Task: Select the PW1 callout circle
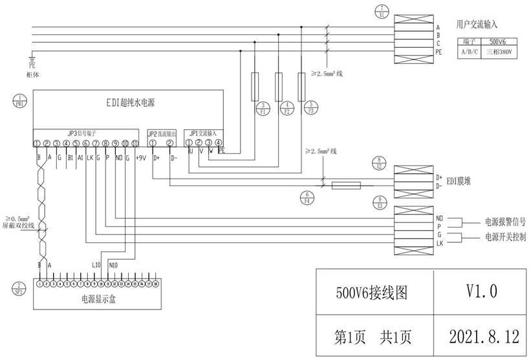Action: pyautogui.click(x=21, y=101)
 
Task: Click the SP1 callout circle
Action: pyautogui.click(x=21, y=287)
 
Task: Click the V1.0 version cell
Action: pyautogui.click(x=481, y=292)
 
